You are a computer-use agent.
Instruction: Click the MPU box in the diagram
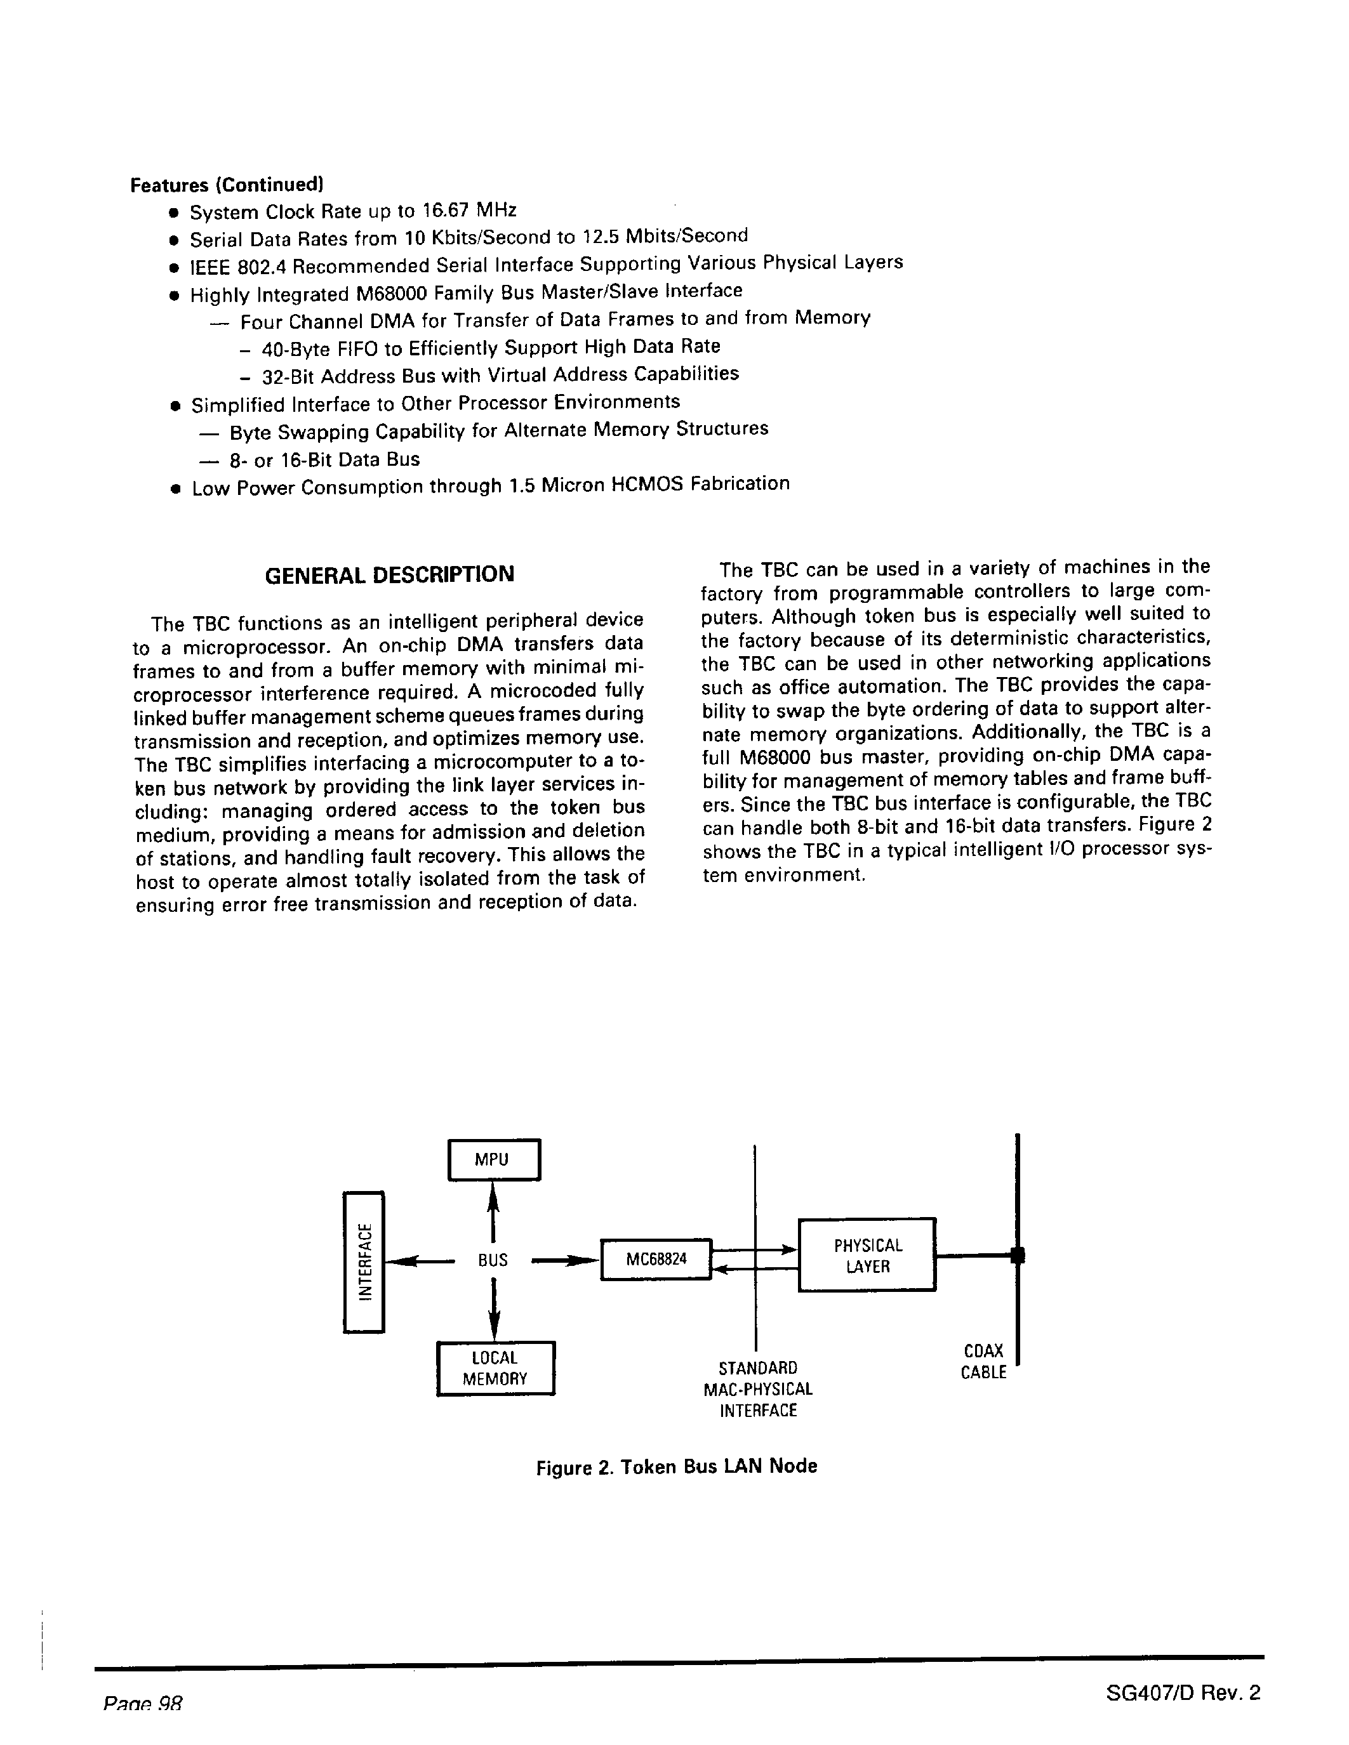tap(494, 1159)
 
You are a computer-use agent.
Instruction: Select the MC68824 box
tap(655, 1260)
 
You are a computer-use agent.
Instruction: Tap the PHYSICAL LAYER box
tap(867, 1255)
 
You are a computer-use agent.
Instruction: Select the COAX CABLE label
tap(983, 1362)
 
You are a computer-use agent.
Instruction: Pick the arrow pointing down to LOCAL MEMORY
tap(494, 1311)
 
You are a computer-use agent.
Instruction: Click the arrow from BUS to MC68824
tap(565, 1261)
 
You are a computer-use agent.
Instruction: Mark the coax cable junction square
tap(1016, 1255)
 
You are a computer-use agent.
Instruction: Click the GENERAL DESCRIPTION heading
tap(389, 574)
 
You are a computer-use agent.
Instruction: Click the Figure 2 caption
tap(676, 1466)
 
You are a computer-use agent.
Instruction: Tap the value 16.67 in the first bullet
tap(448, 211)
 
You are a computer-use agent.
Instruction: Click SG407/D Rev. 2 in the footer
tap(1183, 1692)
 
